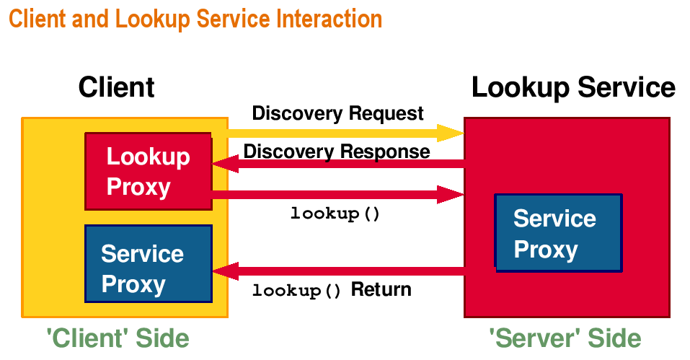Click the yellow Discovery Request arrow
click(x=346, y=133)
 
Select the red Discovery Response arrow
click(x=338, y=164)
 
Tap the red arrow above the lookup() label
click(x=338, y=195)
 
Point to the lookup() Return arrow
click(x=338, y=271)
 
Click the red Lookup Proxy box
click(x=149, y=171)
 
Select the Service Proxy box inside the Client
click(x=149, y=263)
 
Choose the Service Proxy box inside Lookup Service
click(x=559, y=233)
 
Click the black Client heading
click(x=117, y=87)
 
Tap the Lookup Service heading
click(x=573, y=87)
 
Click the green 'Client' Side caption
click(x=118, y=338)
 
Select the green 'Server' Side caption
click(x=565, y=338)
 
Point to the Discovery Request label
click(x=337, y=113)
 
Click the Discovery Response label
click(x=337, y=152)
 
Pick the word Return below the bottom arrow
click(x=381, y=289)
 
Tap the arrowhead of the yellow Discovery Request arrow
click(x=451, y=133)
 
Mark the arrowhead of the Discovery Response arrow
click(x=225, y=164)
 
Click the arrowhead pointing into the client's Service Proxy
click(x=225, y=271)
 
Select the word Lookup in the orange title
click(x=152, y=19)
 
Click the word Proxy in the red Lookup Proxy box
click(x=138, y=188)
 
